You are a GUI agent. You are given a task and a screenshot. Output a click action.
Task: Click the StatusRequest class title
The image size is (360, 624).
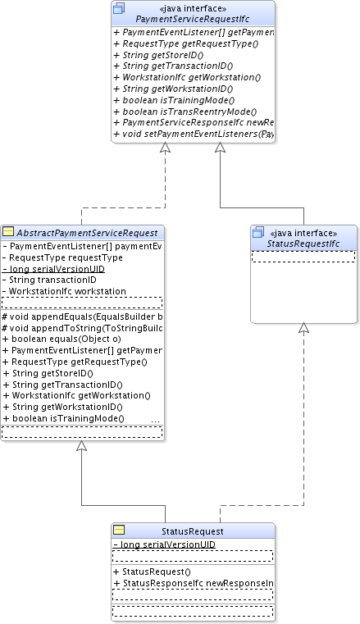(193, 531)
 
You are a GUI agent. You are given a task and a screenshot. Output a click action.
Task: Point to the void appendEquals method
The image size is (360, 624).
(82, 316)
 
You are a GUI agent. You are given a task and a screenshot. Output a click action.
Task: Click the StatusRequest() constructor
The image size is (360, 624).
(154, 572)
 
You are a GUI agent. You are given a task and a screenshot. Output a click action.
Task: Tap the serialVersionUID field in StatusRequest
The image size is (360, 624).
(167, 544)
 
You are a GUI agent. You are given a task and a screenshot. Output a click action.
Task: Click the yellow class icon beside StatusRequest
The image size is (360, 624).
(118, 531)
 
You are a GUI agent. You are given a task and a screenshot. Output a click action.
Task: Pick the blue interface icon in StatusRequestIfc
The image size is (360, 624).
(257, 233)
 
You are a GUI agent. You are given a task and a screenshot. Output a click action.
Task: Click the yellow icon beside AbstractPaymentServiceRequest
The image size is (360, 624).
(8, 232)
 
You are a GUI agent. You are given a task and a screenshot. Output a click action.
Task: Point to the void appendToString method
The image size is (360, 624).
(82, 327)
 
